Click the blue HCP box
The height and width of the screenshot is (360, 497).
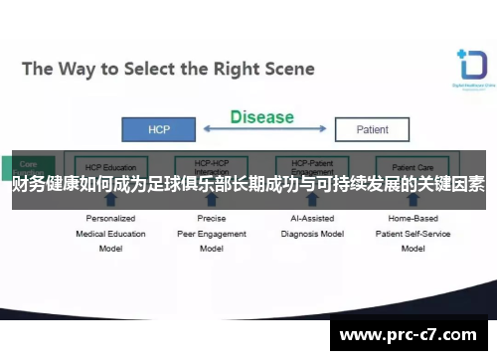coord(158,129)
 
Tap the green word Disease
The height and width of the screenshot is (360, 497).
coord(262,117)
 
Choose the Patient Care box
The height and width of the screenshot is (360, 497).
coord(413,167)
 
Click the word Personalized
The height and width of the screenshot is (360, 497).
coord(110,219)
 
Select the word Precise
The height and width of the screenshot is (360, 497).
coord(211,219)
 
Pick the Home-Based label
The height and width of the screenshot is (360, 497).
coord(413,219)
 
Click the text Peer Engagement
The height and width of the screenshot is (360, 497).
coord(211,234)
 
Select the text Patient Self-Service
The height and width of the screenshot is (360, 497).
coord(413,234)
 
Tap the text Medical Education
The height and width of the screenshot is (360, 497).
coord(110,234)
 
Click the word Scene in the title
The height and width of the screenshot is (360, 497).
coord(287,69)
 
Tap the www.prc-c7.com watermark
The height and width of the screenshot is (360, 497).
coord(411,336)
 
